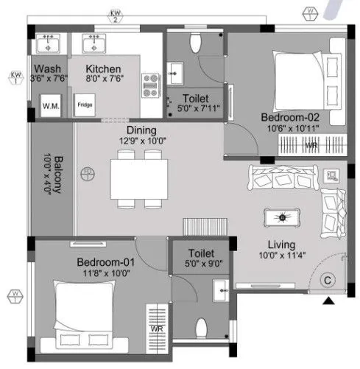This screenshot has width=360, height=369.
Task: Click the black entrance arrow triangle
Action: click(327, 300)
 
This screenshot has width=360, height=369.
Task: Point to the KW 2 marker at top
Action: click(115, 15)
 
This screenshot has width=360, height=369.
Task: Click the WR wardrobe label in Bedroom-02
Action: click(311, 146)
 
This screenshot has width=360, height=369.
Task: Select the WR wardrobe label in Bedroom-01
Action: click(156, 328)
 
